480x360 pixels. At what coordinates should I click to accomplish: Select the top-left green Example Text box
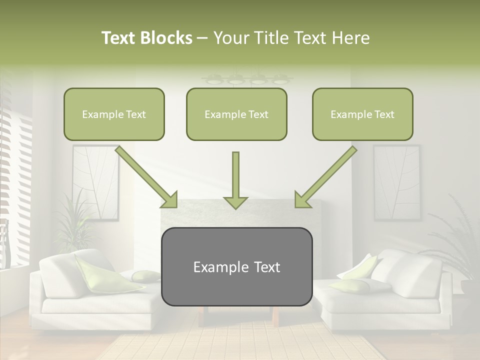pyautogui.click(x=114, y=114)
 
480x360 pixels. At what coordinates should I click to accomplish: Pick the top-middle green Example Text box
pyautogui.click(x=236, y=114)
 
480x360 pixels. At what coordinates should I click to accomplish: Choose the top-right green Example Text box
pyautogui.click(x=362, y=114)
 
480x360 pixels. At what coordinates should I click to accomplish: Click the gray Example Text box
pyautogui.click(x=237, y=266)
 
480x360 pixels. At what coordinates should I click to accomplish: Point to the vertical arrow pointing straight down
pyautogui.click(x=235, y=180)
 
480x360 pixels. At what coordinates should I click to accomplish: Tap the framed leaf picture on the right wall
pyautogui.click(x=396, y=182)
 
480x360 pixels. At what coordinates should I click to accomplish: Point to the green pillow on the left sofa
pyautogui.click(x=100, y=274)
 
